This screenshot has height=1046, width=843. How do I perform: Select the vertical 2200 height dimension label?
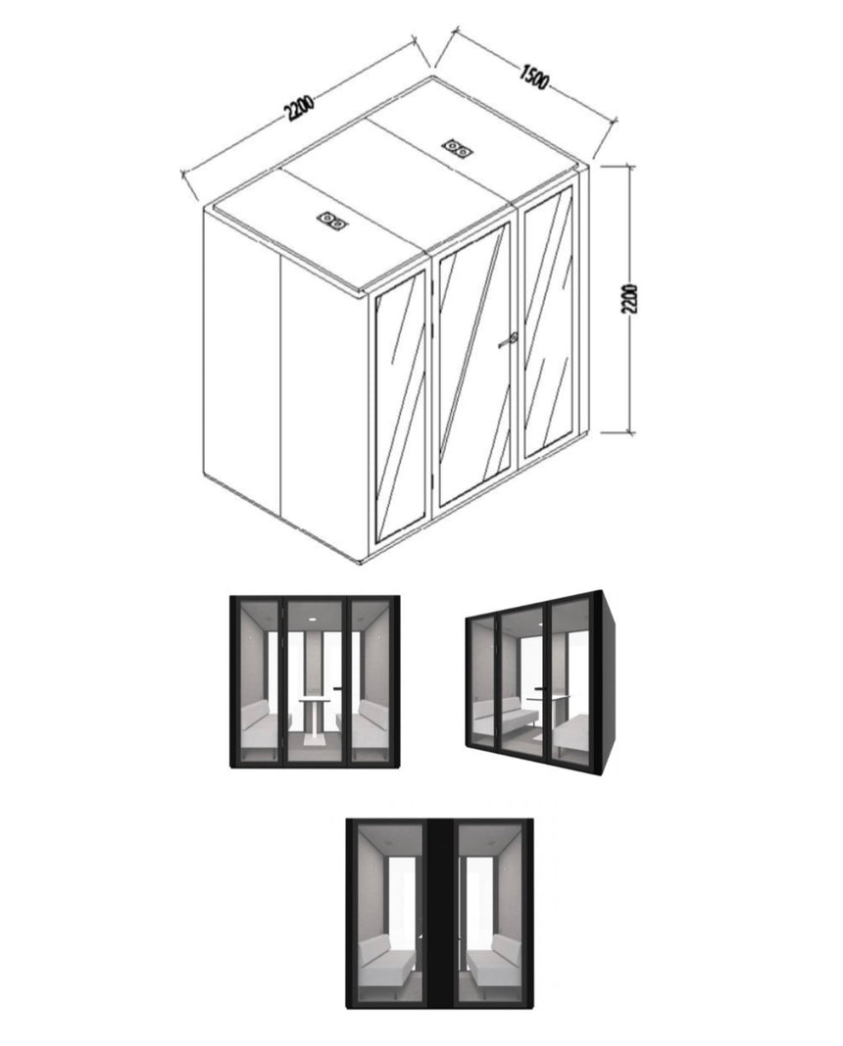tap(629, 300)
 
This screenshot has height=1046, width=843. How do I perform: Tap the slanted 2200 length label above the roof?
tap(299, 108)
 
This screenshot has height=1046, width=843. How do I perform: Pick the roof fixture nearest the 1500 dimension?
tap(458, 147)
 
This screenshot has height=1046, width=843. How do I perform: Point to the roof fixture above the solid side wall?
tap(332, 221)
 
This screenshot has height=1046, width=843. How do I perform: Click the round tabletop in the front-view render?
tap(316, 698)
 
